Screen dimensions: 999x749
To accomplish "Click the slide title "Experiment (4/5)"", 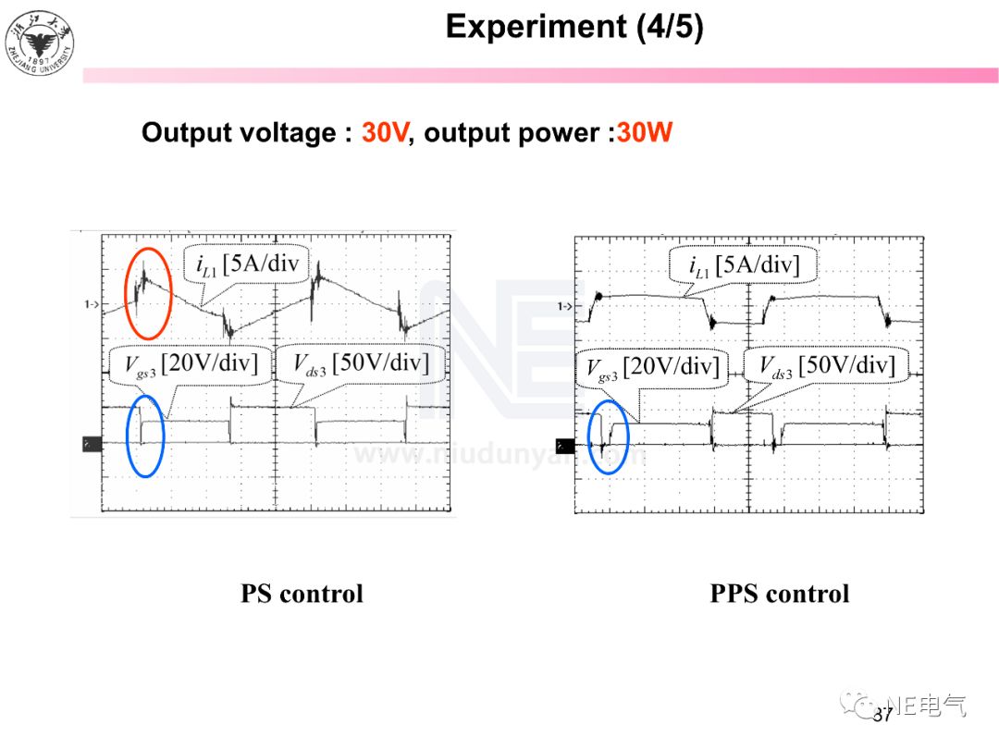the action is click(573, 27).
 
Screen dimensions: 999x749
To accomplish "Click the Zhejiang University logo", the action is click(40, 44).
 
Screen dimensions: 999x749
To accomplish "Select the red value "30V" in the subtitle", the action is click(384, 133).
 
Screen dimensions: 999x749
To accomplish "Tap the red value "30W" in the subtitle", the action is click(644, 133).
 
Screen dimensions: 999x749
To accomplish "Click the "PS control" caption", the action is click(302, 594).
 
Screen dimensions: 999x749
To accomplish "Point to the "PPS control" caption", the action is click(779, 594).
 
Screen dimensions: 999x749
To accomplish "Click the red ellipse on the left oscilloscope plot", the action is click(148, 292).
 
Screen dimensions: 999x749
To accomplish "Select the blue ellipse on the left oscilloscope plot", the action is click(146, 436).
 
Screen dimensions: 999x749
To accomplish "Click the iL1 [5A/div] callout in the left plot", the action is click(248, 265).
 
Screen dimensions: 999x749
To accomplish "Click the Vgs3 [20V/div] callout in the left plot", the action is click(191, 363).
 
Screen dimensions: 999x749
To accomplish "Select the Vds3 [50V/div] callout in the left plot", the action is click(361, 363).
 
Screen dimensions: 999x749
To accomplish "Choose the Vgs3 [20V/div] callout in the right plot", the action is click(652, 367).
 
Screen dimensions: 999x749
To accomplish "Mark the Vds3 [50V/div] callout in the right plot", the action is click(827, 367).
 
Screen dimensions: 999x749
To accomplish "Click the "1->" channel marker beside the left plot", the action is click(91, 303).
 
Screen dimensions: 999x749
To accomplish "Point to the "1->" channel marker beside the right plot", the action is click(563, 306).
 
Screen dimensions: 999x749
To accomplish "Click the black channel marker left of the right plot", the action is click(564, 446).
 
